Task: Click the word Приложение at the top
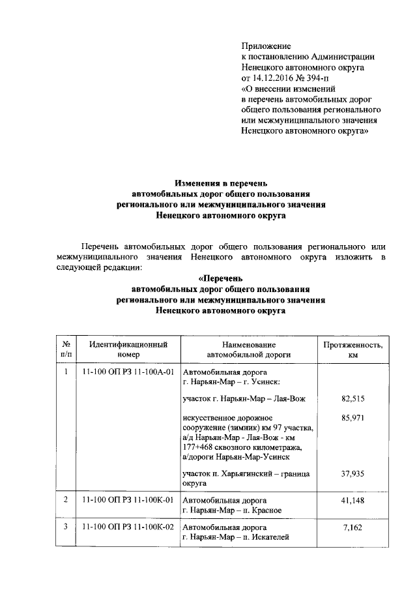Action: pyautogui.click(x=266, y=46)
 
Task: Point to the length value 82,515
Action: pyautogui.click(x=352, y=398)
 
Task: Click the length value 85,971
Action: pyautogui.click(x=352, y=417)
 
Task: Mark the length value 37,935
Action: pyautogui.click(x=352, y=474)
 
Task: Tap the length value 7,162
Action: pyautogui.click(x=352, y=527)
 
